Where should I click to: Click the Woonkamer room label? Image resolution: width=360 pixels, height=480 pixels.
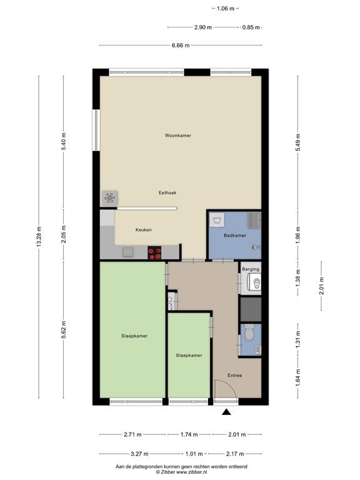click(x=178, y=135)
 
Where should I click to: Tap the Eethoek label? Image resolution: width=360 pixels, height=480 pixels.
click(x=167, y=192)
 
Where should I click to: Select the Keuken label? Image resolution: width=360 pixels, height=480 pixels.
click(x=144, y=229)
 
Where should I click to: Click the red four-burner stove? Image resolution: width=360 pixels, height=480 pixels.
click(x=154, y=252)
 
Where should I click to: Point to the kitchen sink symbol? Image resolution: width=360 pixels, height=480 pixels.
click(x=128, y=252)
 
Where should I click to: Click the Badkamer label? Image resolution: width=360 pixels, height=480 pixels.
click(x=235, y=236)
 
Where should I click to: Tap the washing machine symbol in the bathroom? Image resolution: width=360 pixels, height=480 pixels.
click(x=217, y=220)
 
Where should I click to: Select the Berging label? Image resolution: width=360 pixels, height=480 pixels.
click(x=251, y=269)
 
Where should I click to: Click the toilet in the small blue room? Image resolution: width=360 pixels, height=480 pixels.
click(x=249, y=332)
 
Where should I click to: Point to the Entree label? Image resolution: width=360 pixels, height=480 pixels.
click(x=235, y=375)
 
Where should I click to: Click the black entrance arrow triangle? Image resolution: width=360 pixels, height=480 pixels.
click(x=226, y=412)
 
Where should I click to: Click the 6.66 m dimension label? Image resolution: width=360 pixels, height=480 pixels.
click(x=181, y=46)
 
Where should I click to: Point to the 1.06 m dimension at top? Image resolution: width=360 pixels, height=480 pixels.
click(x=225, y=9)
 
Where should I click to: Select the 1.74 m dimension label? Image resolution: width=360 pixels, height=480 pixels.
click(x=189, y=434)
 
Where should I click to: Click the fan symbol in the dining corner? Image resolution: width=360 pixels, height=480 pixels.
click(x=109, y=198)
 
